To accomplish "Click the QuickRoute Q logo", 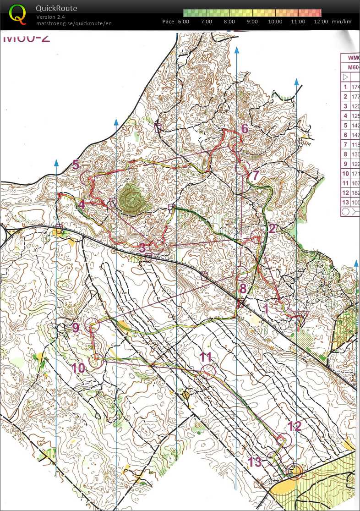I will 17,15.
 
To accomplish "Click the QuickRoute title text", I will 56,8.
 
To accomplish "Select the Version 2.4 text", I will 50,17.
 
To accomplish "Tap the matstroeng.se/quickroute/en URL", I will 74,23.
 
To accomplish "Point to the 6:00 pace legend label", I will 183,22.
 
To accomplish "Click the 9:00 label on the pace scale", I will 252,22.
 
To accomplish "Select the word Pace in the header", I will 168,22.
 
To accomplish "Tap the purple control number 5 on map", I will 76,165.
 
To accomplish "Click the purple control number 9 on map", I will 76,327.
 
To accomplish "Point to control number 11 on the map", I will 206,357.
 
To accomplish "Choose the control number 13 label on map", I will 255,462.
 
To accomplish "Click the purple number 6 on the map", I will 245,129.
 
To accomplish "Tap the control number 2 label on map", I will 272,228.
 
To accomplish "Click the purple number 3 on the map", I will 142,248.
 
